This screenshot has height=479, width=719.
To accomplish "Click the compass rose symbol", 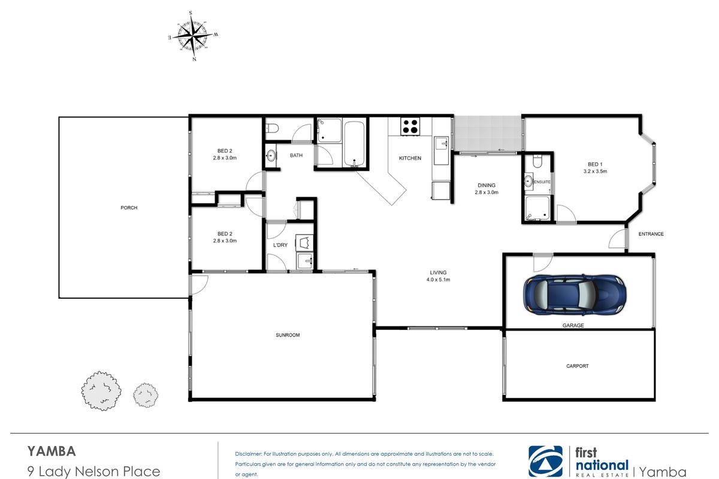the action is point(193,36).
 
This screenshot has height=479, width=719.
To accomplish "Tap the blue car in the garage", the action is point(575,294).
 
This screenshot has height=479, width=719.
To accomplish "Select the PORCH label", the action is point(129,208).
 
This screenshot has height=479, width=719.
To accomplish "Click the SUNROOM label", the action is point(288,335).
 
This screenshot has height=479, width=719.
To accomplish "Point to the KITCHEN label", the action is point(410,158).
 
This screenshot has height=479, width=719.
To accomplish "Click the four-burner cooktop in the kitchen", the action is point(410,126).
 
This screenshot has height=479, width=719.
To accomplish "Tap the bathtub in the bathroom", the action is point(354,144).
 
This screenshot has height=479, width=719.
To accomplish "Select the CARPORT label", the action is point(578,366).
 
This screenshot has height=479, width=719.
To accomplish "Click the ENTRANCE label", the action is point(651,234).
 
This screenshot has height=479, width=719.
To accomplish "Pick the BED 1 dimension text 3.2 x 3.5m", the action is point(595,171).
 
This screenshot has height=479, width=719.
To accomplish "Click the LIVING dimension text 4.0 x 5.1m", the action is point(438,280).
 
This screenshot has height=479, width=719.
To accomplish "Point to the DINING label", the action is point(487,186).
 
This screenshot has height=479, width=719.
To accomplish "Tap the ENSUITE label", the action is point(542,182).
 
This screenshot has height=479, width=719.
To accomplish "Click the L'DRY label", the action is point(280,245).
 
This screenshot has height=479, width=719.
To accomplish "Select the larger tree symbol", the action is point(101,391).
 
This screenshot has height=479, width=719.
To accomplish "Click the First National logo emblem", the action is point(545,461).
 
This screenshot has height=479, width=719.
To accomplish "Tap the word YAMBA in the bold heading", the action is point(52,451).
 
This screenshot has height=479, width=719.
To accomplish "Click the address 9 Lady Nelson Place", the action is point(93,472).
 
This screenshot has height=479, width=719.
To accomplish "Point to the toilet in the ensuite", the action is point(537,161).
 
